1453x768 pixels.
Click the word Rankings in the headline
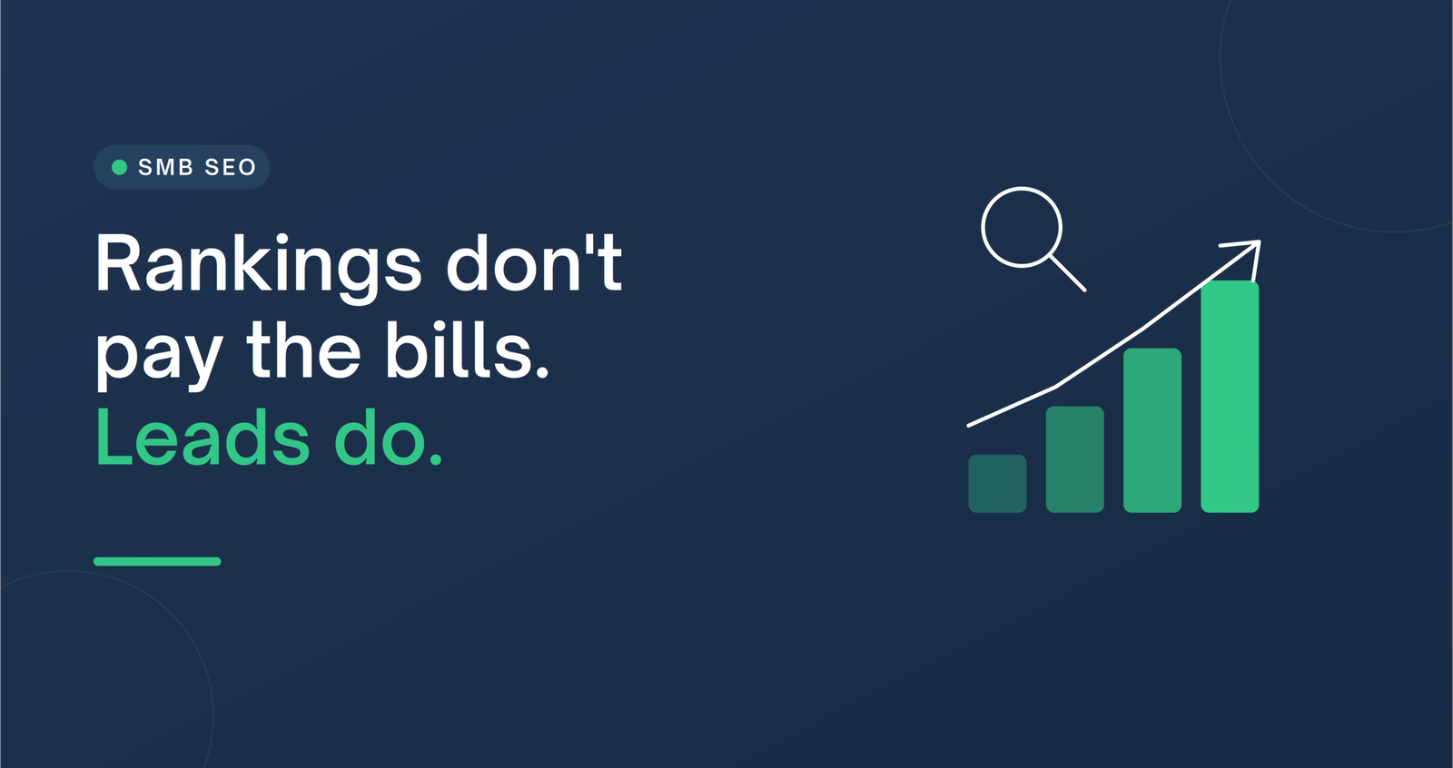(x=259, y=267)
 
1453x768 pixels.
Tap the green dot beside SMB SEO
(x=119, y=167)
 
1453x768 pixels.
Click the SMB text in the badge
(x=166, y=167)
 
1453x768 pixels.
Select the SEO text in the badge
(x=231, y=167)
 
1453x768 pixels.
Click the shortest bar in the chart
(x=997, y=484)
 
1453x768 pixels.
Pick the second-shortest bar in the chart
(x=1075, y=459)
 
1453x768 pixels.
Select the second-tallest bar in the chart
(x=1152, y=430)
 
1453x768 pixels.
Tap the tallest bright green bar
(x=1230, y=397)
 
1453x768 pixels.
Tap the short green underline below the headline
(x=157, y=562)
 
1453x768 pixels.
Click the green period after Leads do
(x=436, y=459)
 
